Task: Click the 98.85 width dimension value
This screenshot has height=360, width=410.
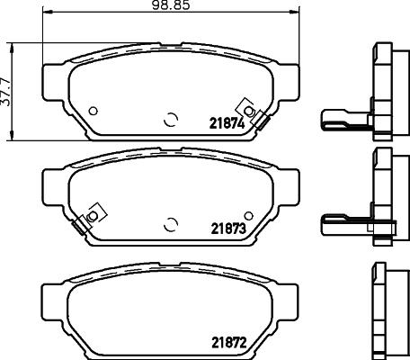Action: tap(170, 6)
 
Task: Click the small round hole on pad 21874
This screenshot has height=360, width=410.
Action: tap(94, 111)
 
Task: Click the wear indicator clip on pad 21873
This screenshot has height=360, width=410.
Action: tap(91, 217)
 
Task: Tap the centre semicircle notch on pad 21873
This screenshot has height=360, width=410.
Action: tap(170, 223)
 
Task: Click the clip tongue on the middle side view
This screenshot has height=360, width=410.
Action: tap(338, 220)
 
